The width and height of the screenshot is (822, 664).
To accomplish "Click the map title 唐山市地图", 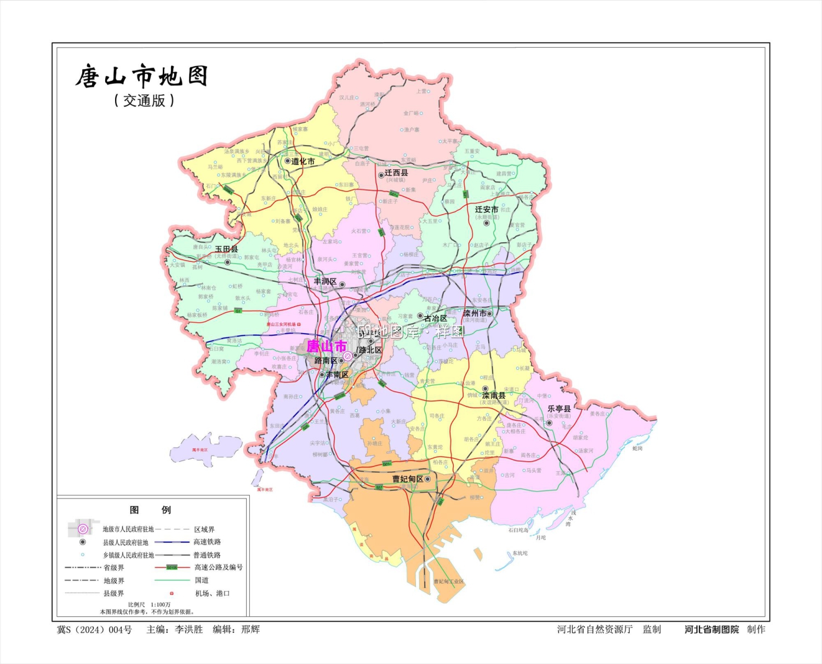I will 141,77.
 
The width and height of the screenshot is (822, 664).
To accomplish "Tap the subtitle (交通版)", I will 144,101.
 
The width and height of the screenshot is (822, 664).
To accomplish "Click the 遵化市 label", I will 303,162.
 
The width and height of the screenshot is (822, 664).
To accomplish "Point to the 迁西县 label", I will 396,173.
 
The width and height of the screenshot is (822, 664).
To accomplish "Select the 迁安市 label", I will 486,209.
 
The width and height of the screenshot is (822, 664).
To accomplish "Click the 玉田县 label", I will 226,249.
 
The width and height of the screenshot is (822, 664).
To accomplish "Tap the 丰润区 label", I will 325,281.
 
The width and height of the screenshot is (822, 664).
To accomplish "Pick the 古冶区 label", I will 435,318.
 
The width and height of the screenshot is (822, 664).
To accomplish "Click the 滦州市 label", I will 475,313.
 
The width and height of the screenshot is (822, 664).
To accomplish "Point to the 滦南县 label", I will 494,396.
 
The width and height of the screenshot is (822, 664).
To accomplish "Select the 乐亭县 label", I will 559,409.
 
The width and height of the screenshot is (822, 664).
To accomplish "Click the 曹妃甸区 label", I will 408,479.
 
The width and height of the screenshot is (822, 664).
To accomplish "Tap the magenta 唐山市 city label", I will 327,346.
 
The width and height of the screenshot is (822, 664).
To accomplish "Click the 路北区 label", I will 370,350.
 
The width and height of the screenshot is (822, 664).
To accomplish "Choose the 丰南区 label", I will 337,375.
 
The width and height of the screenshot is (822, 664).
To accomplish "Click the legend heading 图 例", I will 150,510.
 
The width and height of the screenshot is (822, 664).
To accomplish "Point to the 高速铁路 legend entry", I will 207,542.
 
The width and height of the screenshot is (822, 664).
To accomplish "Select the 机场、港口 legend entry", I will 213,593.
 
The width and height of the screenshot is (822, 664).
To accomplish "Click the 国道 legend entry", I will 202,580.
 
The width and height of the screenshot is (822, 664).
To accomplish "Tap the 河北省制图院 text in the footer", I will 711,629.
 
